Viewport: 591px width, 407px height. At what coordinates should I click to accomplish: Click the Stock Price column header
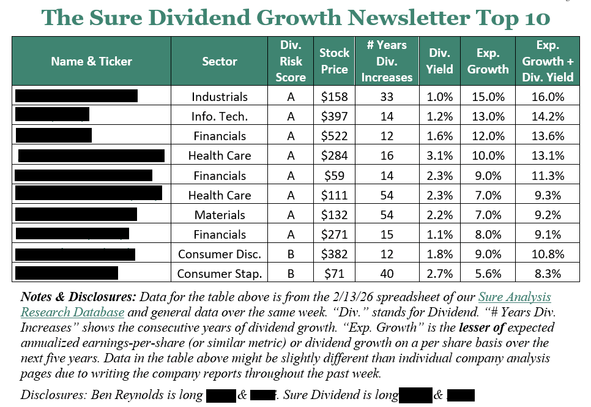(x=334, y=61)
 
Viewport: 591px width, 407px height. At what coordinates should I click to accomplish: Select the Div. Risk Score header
(x=291, y=61)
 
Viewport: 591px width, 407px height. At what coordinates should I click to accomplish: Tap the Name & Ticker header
(x=91, y=61)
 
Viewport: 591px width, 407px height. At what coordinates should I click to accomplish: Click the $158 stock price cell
(x=334, y=97)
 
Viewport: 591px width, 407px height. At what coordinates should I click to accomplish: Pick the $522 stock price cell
(x=334, y=136)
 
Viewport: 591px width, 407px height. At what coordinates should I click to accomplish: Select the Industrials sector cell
(x=220, y=97)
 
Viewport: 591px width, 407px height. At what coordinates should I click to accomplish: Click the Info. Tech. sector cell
(x=220, y=116)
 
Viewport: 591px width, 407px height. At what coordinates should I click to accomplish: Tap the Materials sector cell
(x=220, y=215)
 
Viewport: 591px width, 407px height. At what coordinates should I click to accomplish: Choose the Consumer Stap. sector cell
(x=220, y=274)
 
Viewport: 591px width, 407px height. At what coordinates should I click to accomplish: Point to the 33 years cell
(x=387, y=97)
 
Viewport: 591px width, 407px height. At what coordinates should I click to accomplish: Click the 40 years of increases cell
(x=387, y=274)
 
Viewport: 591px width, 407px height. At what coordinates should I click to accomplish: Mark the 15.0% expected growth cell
(x=488, y=97)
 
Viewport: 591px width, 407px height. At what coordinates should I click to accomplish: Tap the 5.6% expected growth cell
(x=488, y=274)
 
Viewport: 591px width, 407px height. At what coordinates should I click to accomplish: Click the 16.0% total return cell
(x=548, y=97)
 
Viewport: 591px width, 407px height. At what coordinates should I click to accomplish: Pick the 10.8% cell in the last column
(x=548, y=254)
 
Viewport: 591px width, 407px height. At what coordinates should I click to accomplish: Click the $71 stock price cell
(x=334, y=274)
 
